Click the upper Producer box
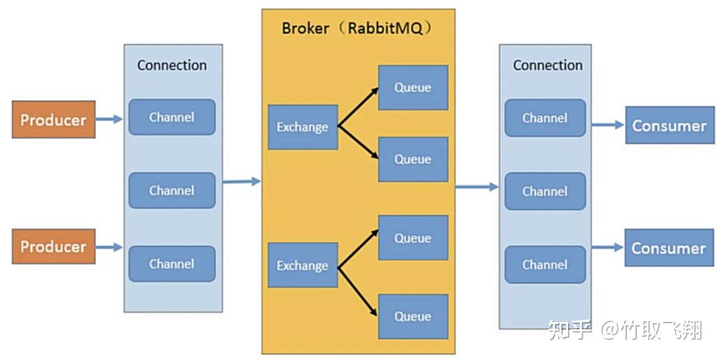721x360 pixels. tap(53, 120)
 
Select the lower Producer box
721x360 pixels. tap(53, 246)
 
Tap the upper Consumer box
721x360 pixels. tap(669, 126)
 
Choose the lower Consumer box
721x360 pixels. tap(669, 248)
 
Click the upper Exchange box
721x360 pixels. tap(302, 127)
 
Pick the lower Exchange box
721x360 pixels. tap(302, 265)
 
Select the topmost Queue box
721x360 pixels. tap(413, 87)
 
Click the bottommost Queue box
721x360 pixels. tap(413, 316)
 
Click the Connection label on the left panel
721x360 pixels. tap(172, 65)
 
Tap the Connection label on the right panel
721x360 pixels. tap(547, 65)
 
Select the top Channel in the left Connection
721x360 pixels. tap(172, 118)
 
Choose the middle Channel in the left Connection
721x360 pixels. tap(172, 190)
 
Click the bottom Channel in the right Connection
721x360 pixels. tap(545, 264)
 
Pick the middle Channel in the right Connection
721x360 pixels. tap(545, 192)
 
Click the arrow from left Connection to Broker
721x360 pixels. tap(241, 181)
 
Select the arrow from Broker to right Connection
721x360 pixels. tap(477, 187)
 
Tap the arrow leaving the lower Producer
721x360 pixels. tap(109, 247)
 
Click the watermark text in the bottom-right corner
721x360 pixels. tap(625, 329)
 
